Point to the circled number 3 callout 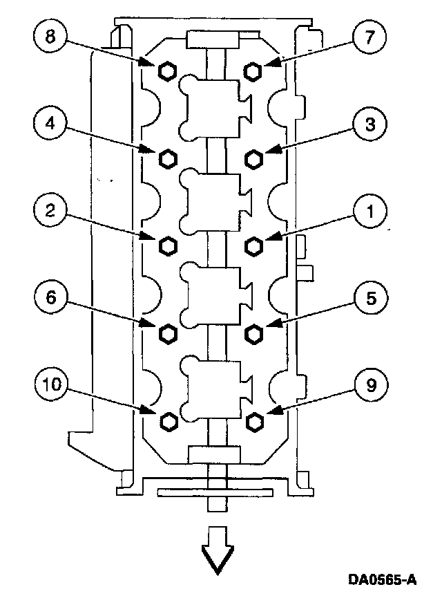370,125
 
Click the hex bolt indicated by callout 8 167,71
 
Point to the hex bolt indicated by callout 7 253,71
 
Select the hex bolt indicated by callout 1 253,245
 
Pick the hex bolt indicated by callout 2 167,245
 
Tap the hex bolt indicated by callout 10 167,421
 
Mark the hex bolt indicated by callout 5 253,335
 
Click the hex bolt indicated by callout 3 253,158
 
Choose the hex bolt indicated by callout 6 167,335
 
